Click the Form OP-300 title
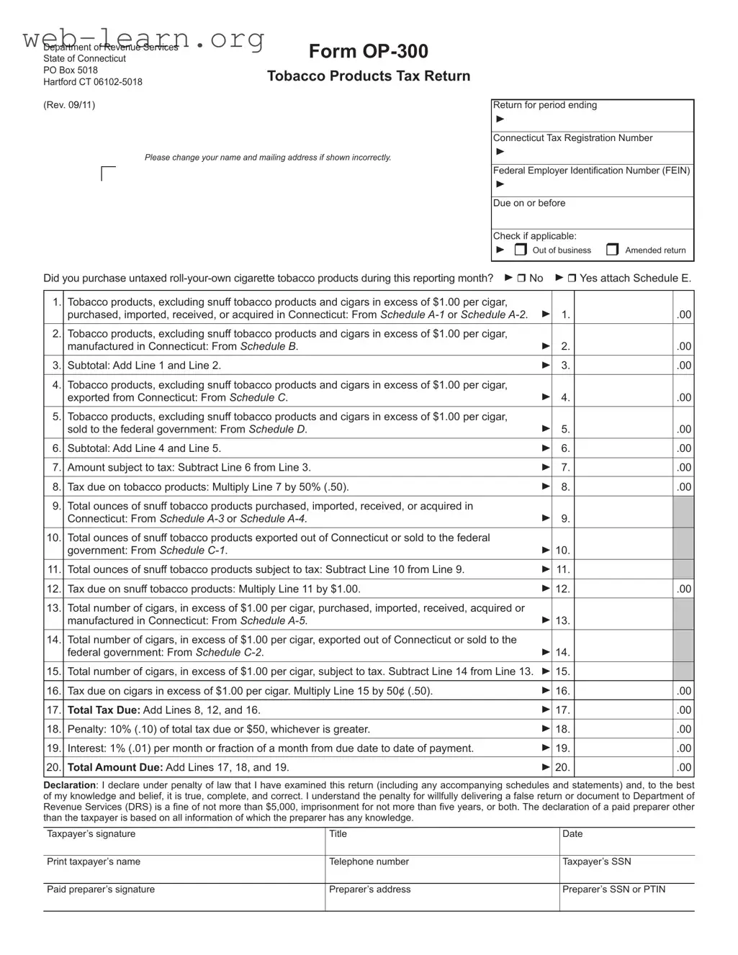point(368,51)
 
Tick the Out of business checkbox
point(521,250)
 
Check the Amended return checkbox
point(612,250)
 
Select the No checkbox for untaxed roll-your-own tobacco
point(521,279)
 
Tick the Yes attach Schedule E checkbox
point(572,279)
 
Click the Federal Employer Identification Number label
point(591,171)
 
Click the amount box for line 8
point(624,486)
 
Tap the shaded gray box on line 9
point(683,512)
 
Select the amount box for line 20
point(624,767)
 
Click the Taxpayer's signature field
point(184,843)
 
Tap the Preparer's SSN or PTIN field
point(626,900)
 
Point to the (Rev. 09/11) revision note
point(69,105)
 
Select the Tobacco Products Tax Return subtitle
point(369,76)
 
